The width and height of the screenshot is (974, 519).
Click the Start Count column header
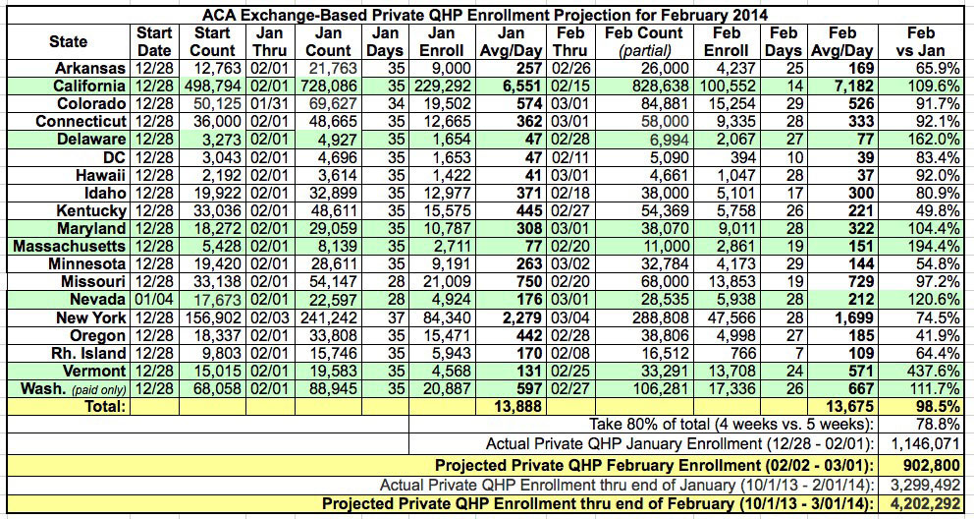coord(211,40)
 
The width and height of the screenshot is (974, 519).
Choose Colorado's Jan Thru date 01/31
coord(258,104)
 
